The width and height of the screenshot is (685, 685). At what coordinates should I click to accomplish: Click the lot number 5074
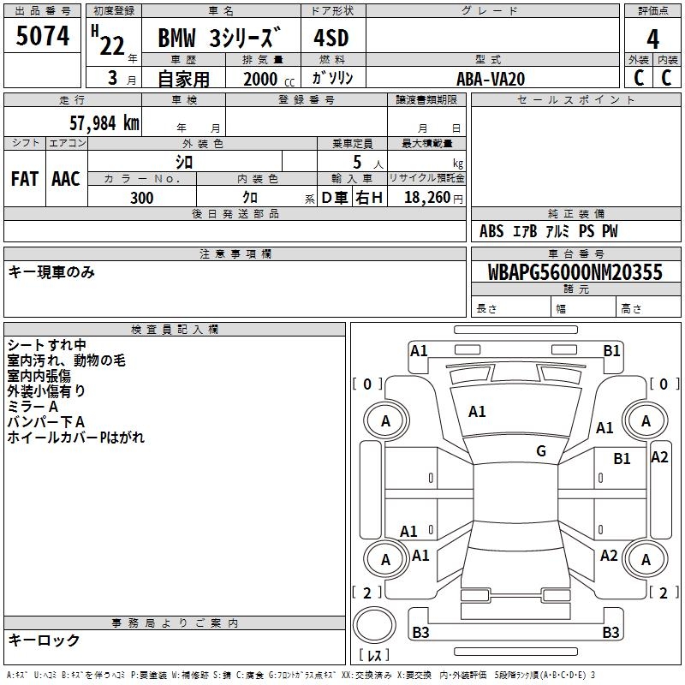(43, 36)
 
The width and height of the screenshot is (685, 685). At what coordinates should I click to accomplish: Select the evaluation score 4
(653, 39)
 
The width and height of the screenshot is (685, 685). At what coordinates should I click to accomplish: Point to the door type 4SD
(331, 39)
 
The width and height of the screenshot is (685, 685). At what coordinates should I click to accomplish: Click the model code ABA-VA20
(491, 79)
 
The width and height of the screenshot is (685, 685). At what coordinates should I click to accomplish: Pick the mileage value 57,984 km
(99, 122)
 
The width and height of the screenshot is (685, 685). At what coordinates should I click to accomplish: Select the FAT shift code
(25, 179)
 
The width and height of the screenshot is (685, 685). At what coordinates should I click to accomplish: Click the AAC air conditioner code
(66, 179)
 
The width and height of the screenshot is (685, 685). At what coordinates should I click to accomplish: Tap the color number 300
(142, 198)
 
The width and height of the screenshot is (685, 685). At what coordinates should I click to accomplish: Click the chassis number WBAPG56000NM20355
(575, 272)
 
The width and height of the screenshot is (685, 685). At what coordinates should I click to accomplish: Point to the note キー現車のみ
(51, 272)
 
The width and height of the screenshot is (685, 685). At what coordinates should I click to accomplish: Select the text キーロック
(44, 640)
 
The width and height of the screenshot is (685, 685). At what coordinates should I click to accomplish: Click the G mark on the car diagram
(541, 451)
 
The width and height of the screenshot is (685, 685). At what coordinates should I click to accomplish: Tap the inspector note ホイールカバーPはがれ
(76, 438)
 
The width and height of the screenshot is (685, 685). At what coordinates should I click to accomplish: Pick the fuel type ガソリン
(333, 78)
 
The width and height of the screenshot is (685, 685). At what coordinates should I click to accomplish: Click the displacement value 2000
(260, 79)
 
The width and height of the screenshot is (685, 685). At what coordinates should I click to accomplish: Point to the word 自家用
(183, 79)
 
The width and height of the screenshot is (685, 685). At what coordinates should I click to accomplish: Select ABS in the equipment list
(491, 231)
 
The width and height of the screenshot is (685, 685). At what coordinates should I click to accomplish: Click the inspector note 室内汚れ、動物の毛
(66, 360)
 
